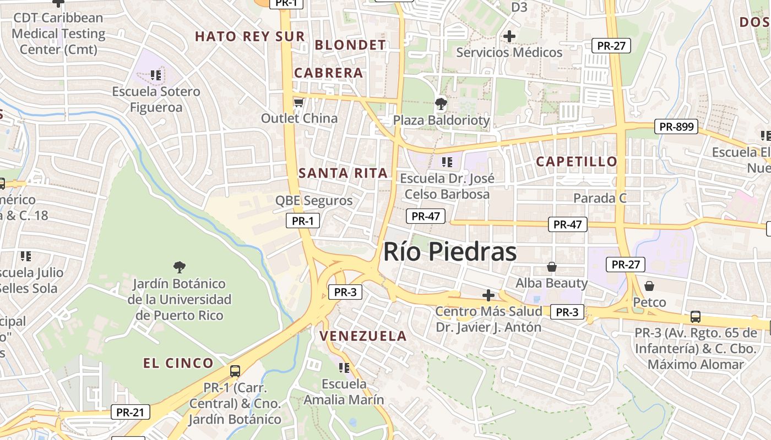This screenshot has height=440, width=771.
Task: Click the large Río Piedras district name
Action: pyautogui.click(x=449, y=252)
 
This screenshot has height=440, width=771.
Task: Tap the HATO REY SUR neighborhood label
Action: pyautogui.click(x=249, y=37)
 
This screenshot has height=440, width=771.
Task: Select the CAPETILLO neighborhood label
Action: pyautogui.click(x=577, y=162)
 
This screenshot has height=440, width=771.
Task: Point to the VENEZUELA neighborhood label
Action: pyautogui.click(x=363, y=336)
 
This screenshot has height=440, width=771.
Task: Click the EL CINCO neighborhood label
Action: pyautogui.click(x=178, y=363)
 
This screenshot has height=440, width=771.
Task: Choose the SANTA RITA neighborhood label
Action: pyautogui.click(x=343, y=173)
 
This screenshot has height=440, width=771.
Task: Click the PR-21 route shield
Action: pyautogui.click(x=130, y=412)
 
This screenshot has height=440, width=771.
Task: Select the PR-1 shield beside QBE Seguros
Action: pyautogui.click(x=303, y=221)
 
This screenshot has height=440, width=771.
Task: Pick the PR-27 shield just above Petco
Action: pyautogui.click(x=626, y=265)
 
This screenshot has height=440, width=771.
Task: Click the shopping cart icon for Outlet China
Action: pyautogui.click(x=298, y=103)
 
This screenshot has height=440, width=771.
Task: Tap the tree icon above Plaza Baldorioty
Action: pyautogui.click(x=441, y=103)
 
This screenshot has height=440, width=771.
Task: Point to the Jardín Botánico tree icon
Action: pyautogui.click(x=179, y=268)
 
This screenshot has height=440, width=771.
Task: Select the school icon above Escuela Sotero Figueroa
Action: pyautogui.click(x=156, y=75)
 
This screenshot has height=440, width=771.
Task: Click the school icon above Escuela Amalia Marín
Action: pyautogui.click(x=344, y=367)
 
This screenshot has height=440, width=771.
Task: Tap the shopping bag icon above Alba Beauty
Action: pyautogui.click(x=551, y=267)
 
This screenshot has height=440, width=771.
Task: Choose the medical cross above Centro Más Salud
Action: pyautogui.click(x=488, y=295)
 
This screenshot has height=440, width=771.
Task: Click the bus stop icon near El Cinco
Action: pyautogui.click(x=235, y=371)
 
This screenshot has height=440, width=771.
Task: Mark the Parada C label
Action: pyautogui.click(x=600, y=198)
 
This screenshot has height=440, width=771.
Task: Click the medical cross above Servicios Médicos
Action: pyautogui.click(x=509, y=37)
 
